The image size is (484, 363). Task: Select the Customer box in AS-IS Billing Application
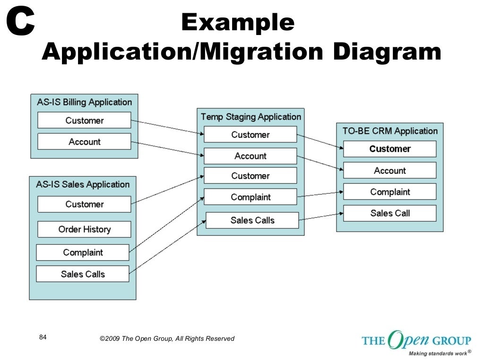(x=84, y=121)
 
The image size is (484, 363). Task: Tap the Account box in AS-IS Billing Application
(x=84, y=142)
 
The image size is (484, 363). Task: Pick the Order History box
(x=84, y=229)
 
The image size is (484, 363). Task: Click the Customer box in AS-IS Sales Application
(x=84, y=204)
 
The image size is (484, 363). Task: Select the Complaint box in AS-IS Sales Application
(x=83, y=252)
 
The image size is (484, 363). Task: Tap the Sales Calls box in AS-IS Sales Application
(x=83, y=274)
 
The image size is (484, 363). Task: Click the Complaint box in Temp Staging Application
(x=251, y=197)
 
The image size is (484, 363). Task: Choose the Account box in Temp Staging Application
(x=251, y=156)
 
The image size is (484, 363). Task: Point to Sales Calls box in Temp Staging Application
(x=252, y=220)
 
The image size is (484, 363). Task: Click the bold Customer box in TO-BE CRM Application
(x=390, y=149)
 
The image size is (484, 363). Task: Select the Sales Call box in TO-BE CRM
(x=390, y=213)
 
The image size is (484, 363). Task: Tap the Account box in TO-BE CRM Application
(x=390, y=171)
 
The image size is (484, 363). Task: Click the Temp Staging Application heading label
(x=251, y=117)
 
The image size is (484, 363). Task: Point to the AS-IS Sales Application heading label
(x=83, y=184)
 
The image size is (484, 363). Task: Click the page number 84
(x=43, y=337)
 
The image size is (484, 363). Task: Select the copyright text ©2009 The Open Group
(x=167, y=338)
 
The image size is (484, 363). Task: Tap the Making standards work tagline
(x=437, y=353)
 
